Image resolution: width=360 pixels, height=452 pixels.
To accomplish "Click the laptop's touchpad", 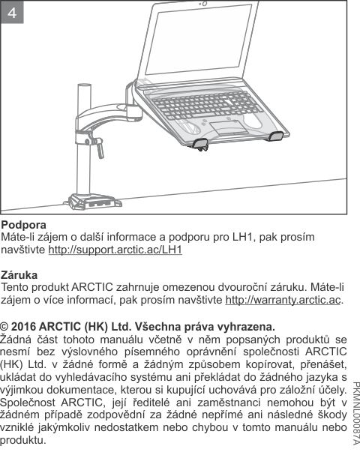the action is (224, 124).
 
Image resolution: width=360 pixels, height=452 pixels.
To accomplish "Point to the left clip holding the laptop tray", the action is (201, 142).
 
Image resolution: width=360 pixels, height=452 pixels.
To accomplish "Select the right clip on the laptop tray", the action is (276, 136).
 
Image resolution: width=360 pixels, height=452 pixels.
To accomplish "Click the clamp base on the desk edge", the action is (91, 201).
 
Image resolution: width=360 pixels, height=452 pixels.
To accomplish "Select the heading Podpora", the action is (24, 225).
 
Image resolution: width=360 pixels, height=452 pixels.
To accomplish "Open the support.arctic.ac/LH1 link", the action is (115, 249).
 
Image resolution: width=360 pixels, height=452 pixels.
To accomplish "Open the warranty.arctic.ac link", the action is (283, 300).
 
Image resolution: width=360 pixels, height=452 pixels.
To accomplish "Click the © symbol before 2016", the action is (5, 326).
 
